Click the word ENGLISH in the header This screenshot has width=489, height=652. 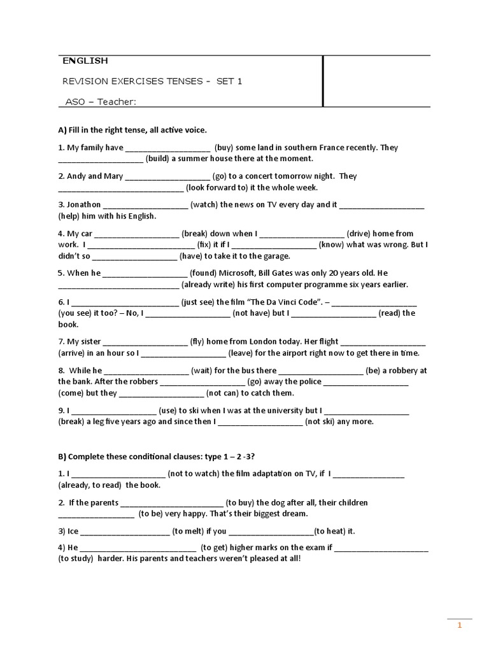click(x=85, y=61)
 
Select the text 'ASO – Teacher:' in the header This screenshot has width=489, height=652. click(x=101, y=101)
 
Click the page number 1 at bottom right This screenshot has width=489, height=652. click(x=459, y=626)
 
